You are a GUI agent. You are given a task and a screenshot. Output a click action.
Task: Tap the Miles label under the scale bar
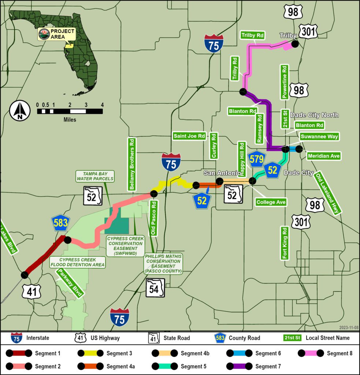coord(70,119)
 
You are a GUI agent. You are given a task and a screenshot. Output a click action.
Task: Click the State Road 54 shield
coord(155,287)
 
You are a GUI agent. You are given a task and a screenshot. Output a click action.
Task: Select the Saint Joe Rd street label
coord(189,136)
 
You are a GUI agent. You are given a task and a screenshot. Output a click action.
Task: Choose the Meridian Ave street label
coord(324,156)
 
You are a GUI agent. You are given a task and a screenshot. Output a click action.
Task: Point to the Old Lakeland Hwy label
coord(328,193)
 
